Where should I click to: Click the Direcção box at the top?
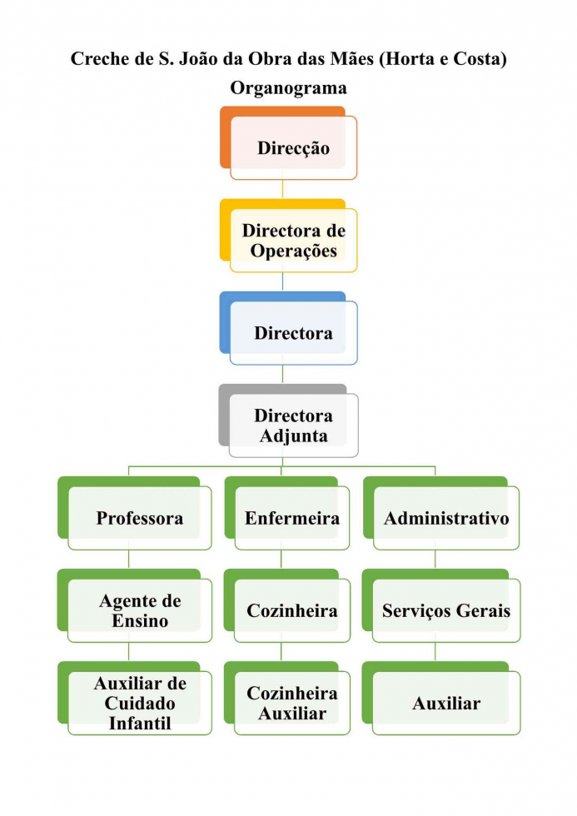[293, 148]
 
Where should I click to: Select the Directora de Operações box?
[293, 241]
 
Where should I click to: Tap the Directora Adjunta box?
[293, 425]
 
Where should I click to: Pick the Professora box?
[139, 518]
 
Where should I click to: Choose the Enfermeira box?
[291, 518]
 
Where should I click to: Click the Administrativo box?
[445, 518]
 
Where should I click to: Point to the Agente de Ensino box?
[139, 610]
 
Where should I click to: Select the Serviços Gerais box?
[445, 610]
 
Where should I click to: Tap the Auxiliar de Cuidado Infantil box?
[139, 704]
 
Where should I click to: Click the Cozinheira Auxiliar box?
[291, 704]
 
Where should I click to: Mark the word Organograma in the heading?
[288, 87]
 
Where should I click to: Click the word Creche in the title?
[96, 59]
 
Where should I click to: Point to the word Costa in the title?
[475, 59]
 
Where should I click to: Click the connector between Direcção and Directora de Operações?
[282, 189]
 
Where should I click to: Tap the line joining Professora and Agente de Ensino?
[128, 560]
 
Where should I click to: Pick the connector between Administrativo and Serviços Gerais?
[435, 560]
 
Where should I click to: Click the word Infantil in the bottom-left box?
[139, 723]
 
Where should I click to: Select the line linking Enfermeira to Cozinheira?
[281, 560]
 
